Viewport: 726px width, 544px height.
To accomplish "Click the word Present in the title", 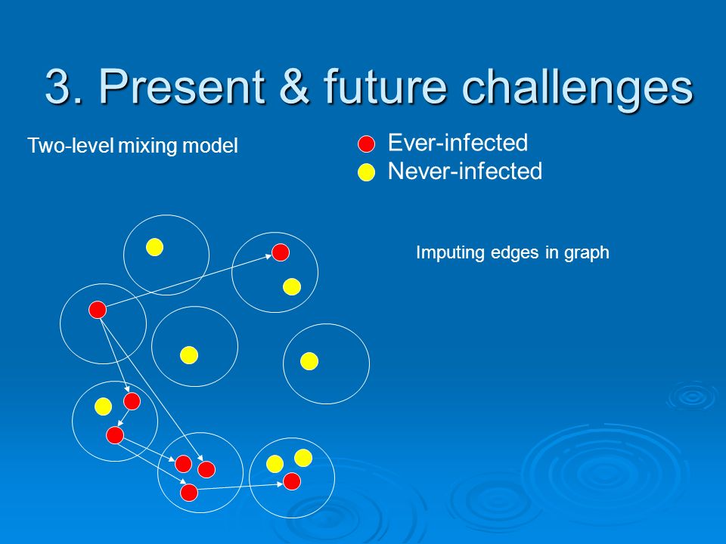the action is (x=182, y=85).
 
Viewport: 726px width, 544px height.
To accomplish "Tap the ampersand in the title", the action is (x=295, y=86).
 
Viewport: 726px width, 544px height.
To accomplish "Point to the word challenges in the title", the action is (x=577, y=88).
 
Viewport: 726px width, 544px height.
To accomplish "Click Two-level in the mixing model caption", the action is (x=70, y=145).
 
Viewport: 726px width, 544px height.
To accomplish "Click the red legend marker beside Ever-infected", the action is (x=366, y=144).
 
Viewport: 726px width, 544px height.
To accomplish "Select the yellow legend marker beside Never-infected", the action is (x=366, y=172).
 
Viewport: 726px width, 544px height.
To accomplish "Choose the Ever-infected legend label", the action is (x=458, y=143).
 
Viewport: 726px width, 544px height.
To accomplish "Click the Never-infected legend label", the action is (x=465, y=171).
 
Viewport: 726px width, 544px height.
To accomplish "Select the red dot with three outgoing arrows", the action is (x=98, y=310).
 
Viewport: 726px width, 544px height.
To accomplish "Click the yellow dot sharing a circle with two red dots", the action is (x=103, y=406).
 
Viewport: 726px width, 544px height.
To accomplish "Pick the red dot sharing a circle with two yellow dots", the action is (x=292, y=481).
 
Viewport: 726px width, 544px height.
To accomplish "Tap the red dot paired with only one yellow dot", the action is (x=281, y=252).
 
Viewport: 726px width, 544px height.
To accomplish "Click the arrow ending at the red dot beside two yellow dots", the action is (x=240, y=487).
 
